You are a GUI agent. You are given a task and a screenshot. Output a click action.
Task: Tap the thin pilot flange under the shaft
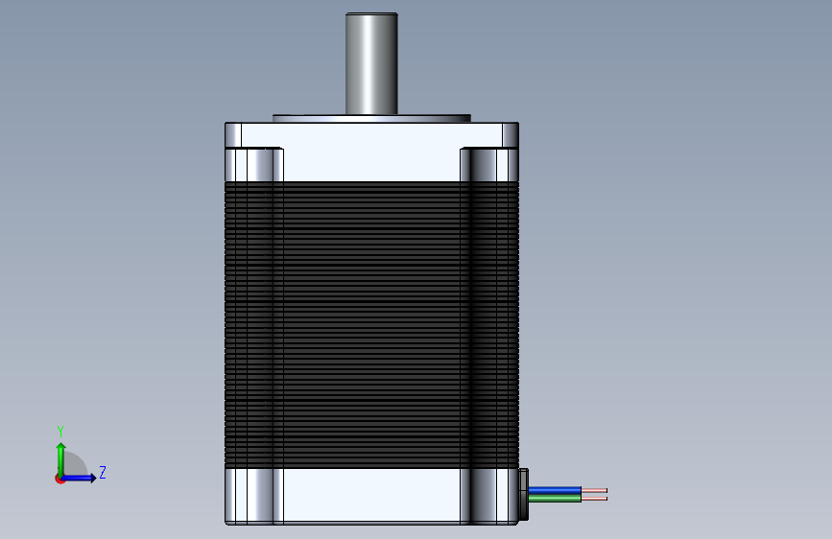coord(371,118)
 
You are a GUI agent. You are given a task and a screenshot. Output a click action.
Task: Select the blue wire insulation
coord(555,490)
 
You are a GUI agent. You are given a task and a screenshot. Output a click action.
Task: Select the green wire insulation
coord(555,498)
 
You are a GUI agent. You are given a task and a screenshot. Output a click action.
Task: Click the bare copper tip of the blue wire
coord(594,490)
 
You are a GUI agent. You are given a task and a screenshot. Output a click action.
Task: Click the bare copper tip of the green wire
coord(594,498)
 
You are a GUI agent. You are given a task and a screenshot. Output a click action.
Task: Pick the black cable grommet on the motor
coord(524,494)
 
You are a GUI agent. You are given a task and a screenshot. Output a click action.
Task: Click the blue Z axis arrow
coord(83,478)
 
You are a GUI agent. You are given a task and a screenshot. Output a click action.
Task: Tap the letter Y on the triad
coord(60,431)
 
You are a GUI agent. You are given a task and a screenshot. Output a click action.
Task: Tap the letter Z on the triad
coord(103,473)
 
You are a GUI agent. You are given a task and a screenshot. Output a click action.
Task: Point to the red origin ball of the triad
coord(59,479)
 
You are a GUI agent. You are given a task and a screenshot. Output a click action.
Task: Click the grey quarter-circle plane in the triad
coord(75,467)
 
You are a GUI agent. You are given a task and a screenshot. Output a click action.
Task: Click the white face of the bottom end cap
coord(371,495)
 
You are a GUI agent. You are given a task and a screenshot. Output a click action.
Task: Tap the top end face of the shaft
coord(371,14)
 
